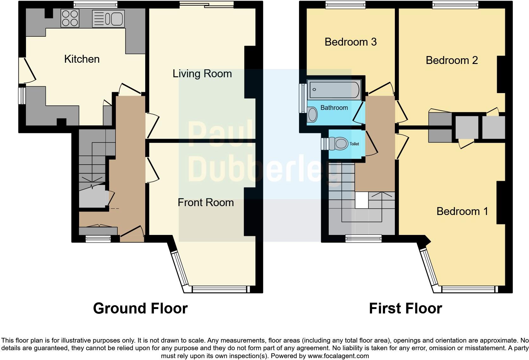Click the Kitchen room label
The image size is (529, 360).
[x=82, y=59]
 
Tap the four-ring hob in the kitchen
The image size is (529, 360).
[x=70, y=18]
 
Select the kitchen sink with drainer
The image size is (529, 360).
[x=108, y=19]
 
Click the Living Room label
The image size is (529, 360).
[x=202, y=73]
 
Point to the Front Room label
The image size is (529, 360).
[x=206, y=202]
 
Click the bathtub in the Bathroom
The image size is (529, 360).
[x=334, y=89]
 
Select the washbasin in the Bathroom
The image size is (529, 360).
[x=313, y=114]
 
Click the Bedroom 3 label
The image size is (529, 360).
[x=351, y=42]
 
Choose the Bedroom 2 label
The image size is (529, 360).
[x=451, y=60]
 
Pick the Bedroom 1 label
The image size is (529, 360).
[x=462, y=211]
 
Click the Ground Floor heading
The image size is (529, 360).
[x=140, y=308]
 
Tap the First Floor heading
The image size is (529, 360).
[x=405, y=308]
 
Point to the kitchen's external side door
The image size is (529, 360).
[x=27, y=70]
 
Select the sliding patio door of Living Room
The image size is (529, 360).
[x=207, y=4]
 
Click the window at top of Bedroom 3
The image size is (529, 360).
[x=345, y=4]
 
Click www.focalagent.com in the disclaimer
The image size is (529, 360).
[x=338, y=356]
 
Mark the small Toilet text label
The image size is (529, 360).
[x=354, y=144]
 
